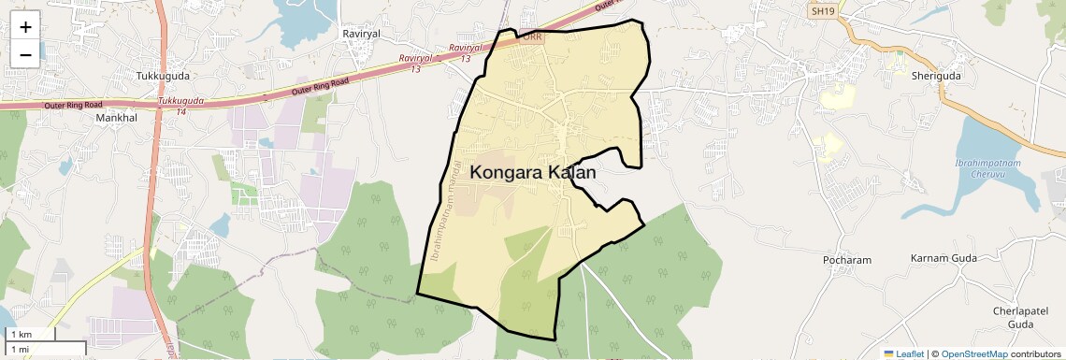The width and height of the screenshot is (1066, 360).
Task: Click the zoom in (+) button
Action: click(x=25, y=27)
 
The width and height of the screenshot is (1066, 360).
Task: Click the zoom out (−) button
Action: click(x=25, y=54)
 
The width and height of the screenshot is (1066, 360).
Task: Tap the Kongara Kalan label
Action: click(x=533, y=173)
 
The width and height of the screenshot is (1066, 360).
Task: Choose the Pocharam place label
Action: click(x=847, y=259)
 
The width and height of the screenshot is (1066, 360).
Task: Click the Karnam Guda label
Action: click(x=943, y=257)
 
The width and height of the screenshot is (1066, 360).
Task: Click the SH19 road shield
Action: click(x=823, y=8)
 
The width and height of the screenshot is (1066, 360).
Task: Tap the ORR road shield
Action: click(x=531, y=37)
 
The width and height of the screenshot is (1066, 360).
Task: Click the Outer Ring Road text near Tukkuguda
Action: click(x=320, y=88)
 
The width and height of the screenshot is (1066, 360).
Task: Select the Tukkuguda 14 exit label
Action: click(x=180, y=105)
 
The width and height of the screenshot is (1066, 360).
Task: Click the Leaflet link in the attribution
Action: click(x=903, y=353)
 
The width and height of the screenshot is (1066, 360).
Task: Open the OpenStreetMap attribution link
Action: click(x=974, y=353)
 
